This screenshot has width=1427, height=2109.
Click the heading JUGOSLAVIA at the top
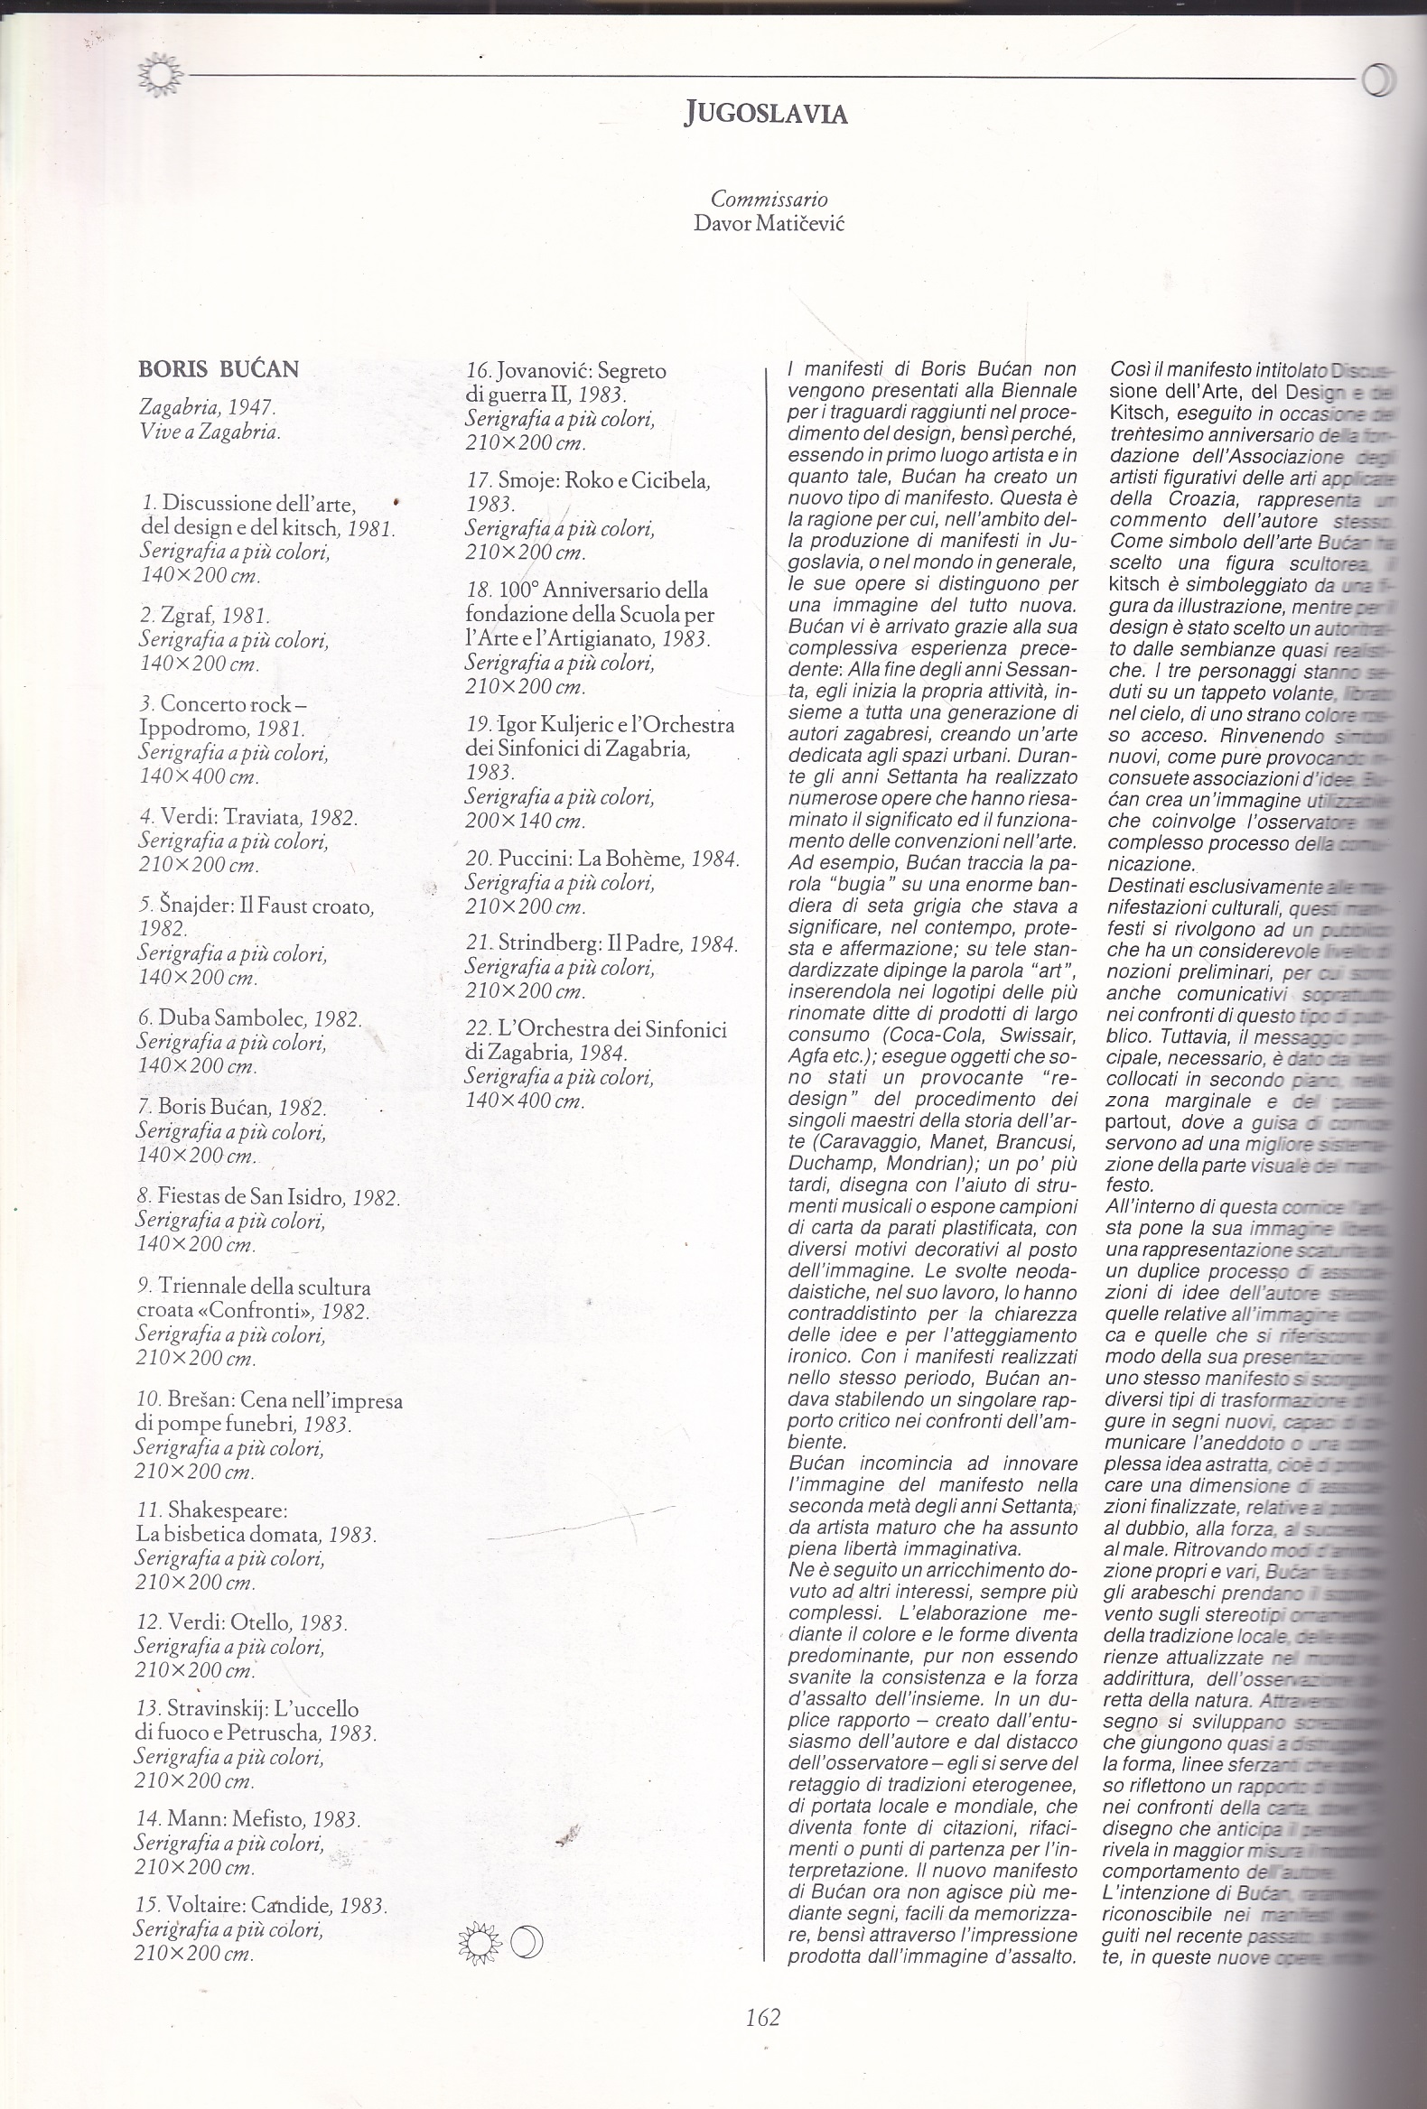click(x=765, y=114)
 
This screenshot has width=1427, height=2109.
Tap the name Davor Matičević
click(x=768, y=222)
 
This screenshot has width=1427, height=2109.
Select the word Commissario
click(x=769, y=198)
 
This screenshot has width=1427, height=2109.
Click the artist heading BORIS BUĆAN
click(x=218, y=369)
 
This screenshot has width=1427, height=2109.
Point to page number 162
click(x=762, y=2037)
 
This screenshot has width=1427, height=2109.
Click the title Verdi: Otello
click(x=240, y=1621)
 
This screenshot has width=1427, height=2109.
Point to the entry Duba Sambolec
click(x=248, y=1018)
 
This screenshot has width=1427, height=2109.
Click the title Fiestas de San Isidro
click(x=266, y=1197)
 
